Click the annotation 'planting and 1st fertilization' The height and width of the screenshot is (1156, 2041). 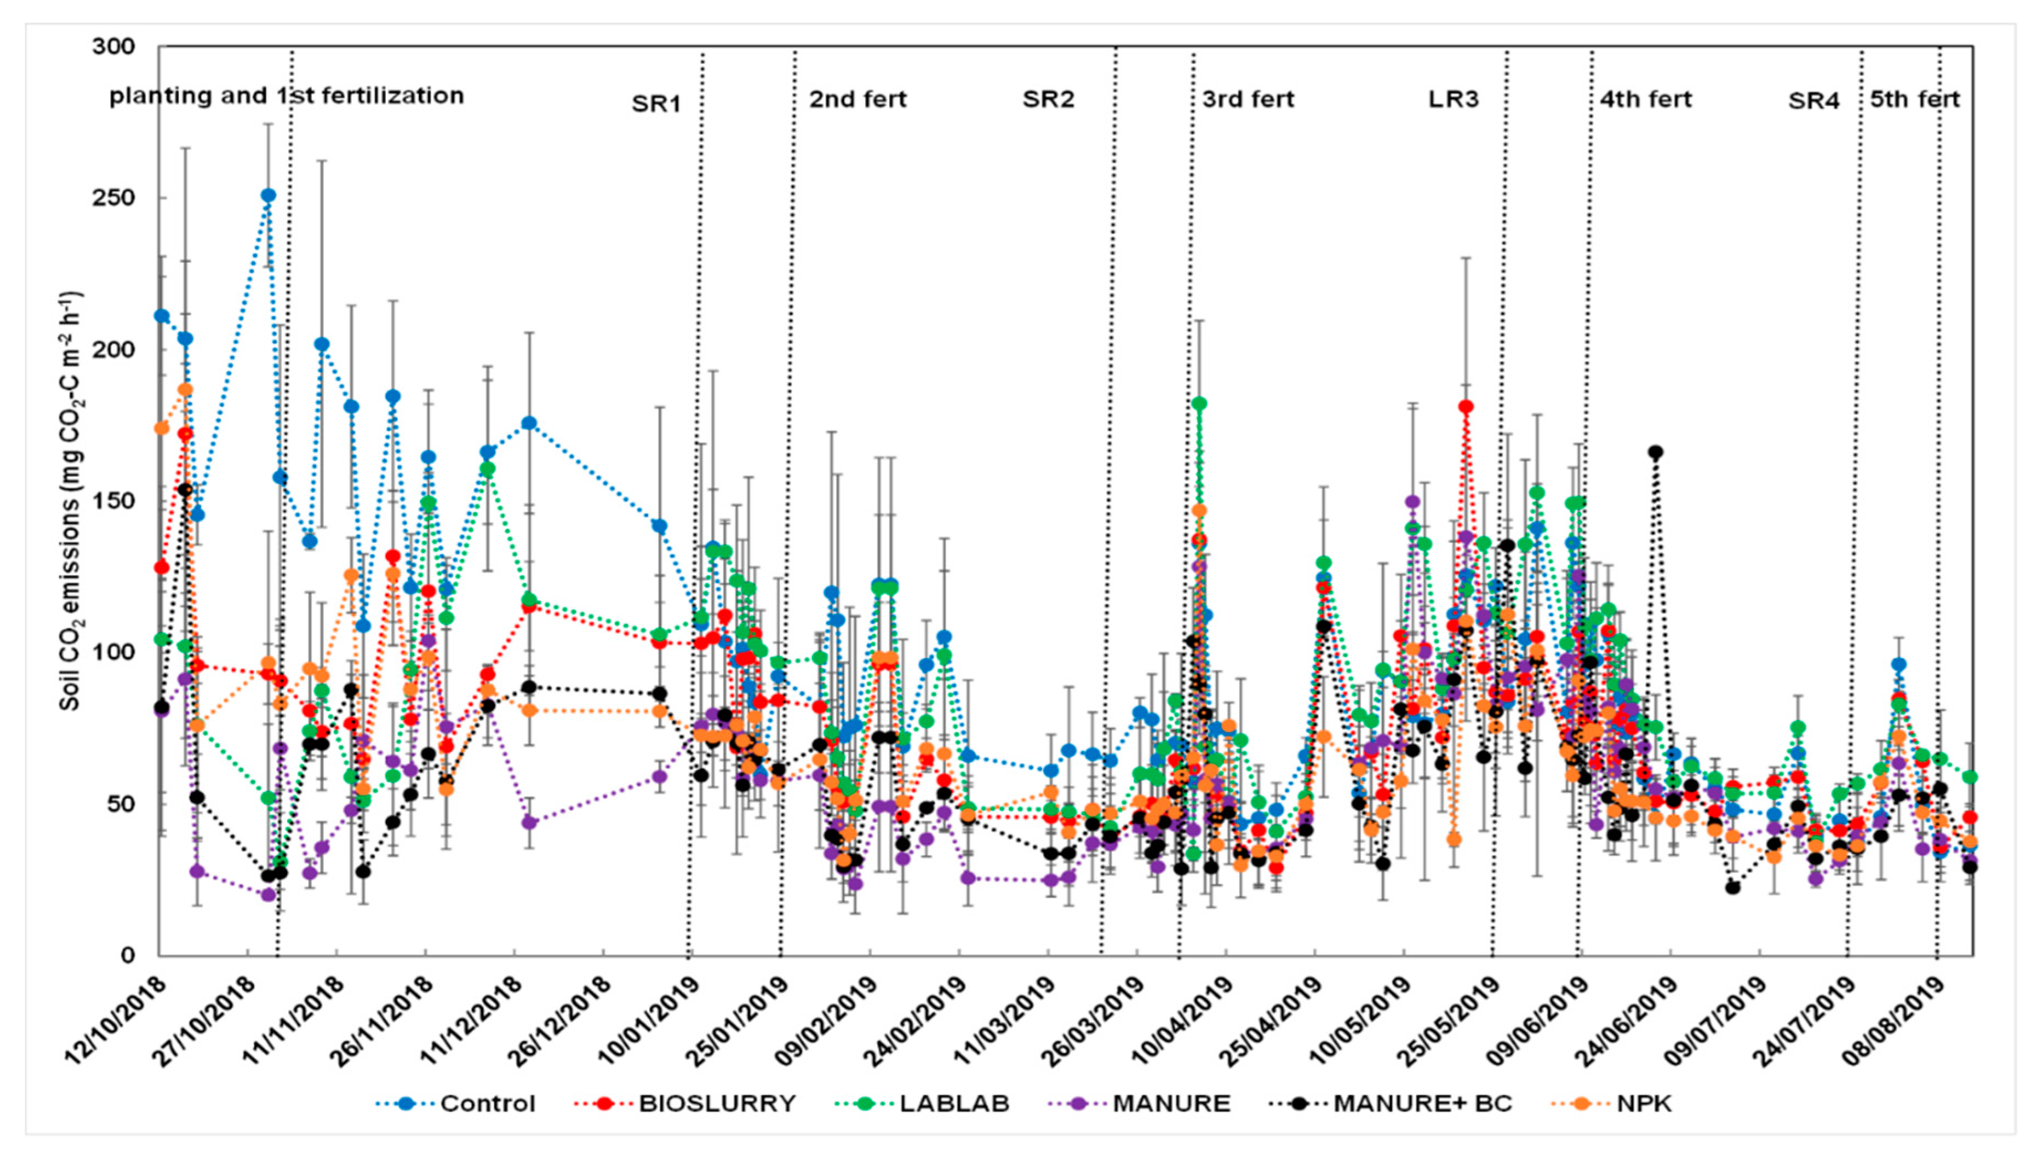tap(286, 96)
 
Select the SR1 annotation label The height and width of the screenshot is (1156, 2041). tap(656, 103)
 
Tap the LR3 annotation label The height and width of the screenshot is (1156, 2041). tap(1453, 99)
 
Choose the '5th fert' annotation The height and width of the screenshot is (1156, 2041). tap(1915, 99)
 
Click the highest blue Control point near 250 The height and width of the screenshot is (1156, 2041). tap(268, 195)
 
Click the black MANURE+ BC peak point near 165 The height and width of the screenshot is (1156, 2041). tap(1655, 452)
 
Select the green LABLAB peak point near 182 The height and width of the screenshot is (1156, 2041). tap(1199, 403)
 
